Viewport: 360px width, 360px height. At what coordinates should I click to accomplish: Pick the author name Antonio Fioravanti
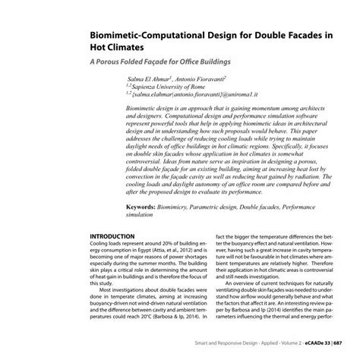pos(205,79)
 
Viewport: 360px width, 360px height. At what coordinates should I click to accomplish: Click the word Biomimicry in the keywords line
pos(203,206)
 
